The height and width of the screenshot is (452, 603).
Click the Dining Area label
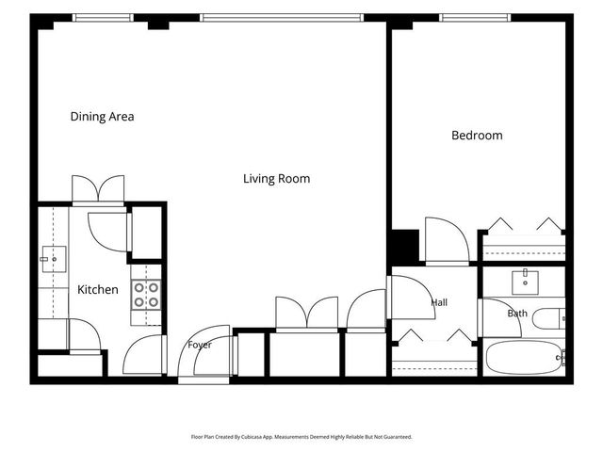[x=103, y=117]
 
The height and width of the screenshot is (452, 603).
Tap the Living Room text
[x=276, y=179]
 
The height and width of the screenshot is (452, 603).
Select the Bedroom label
[x=477, y=136]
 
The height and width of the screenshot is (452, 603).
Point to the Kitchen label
[x=98, y=289]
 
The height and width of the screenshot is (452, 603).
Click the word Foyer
[x=200, y=345]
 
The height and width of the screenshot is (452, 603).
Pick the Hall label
[x=439, y=302]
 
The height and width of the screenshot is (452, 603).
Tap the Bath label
[x=517, y=314]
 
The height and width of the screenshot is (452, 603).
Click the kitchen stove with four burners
[x=146, y=295]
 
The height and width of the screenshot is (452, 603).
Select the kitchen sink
[x=54, y=259]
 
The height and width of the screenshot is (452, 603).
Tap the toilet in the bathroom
[x=549, y=318]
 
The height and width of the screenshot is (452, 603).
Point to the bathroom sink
[x=525, y=282]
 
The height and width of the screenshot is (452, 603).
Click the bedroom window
[x=475, y=18]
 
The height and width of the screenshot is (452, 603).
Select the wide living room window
[x=282, y=18]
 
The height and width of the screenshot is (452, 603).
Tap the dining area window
[x=103, y=18]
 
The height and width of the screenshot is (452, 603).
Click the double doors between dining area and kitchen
[x=98, y=188]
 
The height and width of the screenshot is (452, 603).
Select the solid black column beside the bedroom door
[x=405, y=246]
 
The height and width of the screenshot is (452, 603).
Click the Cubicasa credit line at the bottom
[x=301, y=437]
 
